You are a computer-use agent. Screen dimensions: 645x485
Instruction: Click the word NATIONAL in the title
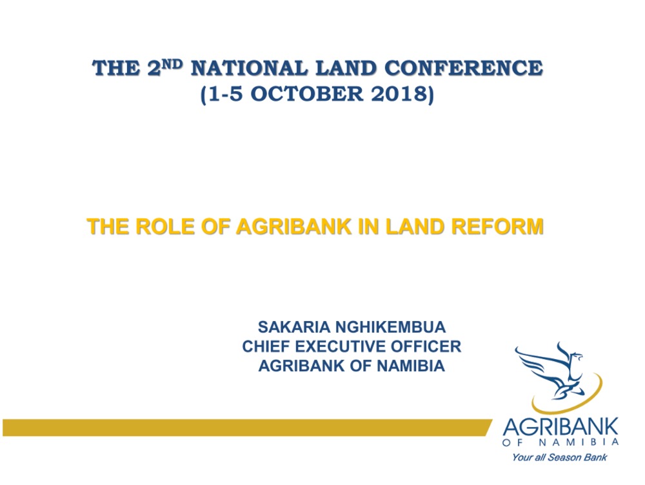point(249,68)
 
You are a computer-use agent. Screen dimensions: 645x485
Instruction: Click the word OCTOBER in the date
point(307,94)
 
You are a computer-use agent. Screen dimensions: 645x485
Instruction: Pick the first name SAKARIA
point(293,327)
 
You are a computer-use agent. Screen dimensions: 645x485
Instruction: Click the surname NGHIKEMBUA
point(390,327)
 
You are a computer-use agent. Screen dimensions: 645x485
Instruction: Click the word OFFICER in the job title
point(426,347)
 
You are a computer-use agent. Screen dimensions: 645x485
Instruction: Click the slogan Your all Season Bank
point(559,457)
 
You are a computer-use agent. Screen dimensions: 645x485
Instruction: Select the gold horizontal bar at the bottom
point(247,428)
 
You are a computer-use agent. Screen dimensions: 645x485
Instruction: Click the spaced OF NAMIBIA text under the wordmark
point(561,442)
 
